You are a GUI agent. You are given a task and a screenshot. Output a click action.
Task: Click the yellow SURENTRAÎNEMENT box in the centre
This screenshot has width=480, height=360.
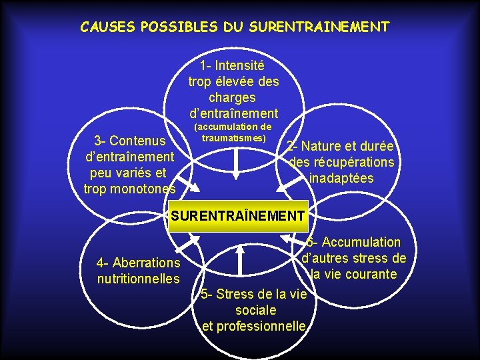click(238, 216)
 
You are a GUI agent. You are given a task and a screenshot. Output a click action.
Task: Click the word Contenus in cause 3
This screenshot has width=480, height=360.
click(139, 141)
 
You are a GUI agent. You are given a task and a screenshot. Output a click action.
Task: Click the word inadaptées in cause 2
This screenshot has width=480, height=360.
click(341, 179)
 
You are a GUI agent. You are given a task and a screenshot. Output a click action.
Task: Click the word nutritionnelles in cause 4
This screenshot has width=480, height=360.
click(138, 278)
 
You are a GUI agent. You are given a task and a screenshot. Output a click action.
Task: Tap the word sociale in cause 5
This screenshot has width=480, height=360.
click(255, 310)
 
